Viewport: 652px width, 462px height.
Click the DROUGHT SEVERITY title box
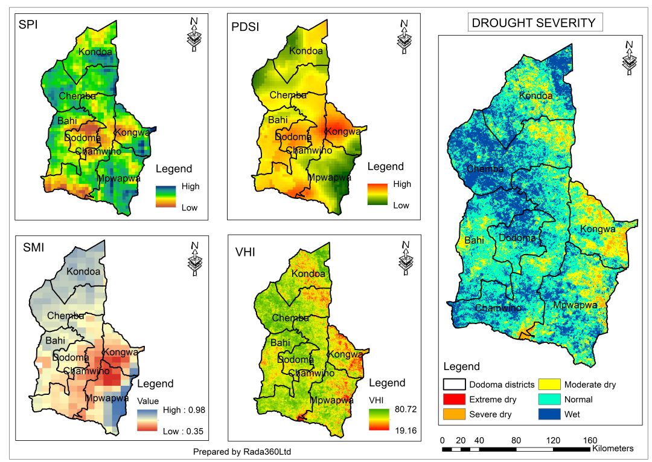tap(534, 24)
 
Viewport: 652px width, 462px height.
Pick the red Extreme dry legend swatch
tap(454, 400)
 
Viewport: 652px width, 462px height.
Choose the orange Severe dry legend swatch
tap(454, 415)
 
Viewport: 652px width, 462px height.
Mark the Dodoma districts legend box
tap(454, 385)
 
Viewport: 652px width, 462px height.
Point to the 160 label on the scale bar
tap(590, 440)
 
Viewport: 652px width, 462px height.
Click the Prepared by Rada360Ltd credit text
tap(246, 452)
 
